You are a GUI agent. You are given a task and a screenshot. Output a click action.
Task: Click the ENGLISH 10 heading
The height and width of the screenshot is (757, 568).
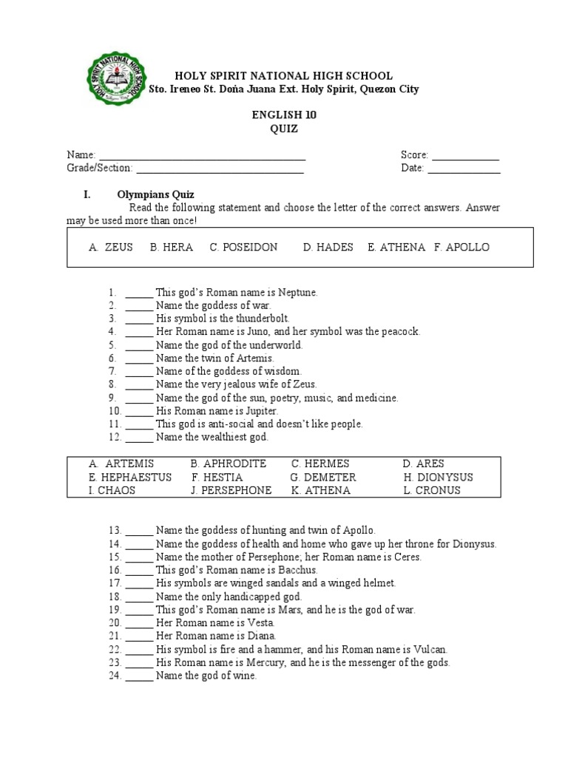[x=278, y=115]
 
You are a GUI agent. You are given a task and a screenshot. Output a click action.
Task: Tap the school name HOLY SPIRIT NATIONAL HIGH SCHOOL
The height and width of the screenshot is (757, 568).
[x=283, y=76]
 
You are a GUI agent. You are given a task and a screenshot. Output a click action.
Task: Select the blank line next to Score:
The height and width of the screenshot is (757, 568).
[x=465, y=155]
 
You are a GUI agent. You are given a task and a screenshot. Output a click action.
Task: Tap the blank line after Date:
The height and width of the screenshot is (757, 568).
[x=464, y=169]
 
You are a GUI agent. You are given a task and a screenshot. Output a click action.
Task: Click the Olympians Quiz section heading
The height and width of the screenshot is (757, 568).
[x=155, y=194]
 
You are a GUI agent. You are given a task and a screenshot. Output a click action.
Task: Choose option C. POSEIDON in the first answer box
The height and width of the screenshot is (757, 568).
[x=243, y=248]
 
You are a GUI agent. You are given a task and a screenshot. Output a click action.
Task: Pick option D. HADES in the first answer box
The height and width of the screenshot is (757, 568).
[x=328, y=248]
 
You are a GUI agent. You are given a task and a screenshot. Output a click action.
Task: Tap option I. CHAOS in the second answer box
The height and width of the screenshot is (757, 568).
[x=112, y=490]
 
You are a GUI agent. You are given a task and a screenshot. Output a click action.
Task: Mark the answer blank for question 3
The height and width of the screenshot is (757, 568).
[x=139, y=319]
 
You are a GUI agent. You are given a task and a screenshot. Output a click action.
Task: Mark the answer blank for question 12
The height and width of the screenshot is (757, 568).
[x=139, y=438]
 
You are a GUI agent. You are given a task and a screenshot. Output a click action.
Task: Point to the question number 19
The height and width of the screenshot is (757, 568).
[x=114, y=610]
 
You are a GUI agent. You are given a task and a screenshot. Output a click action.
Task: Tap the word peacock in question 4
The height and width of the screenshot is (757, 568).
[x=400, y=332]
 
